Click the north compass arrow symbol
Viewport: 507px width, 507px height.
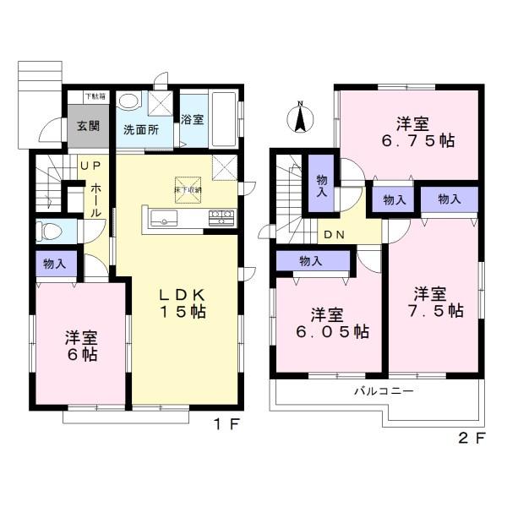(x=299, y=117)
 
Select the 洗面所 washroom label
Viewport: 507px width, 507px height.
(x=141, y=130)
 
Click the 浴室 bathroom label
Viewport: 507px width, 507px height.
(x=192, y=119)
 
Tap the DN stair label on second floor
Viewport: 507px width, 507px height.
(x=332, y=235)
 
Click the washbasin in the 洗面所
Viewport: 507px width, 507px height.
(x=129, y=102)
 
